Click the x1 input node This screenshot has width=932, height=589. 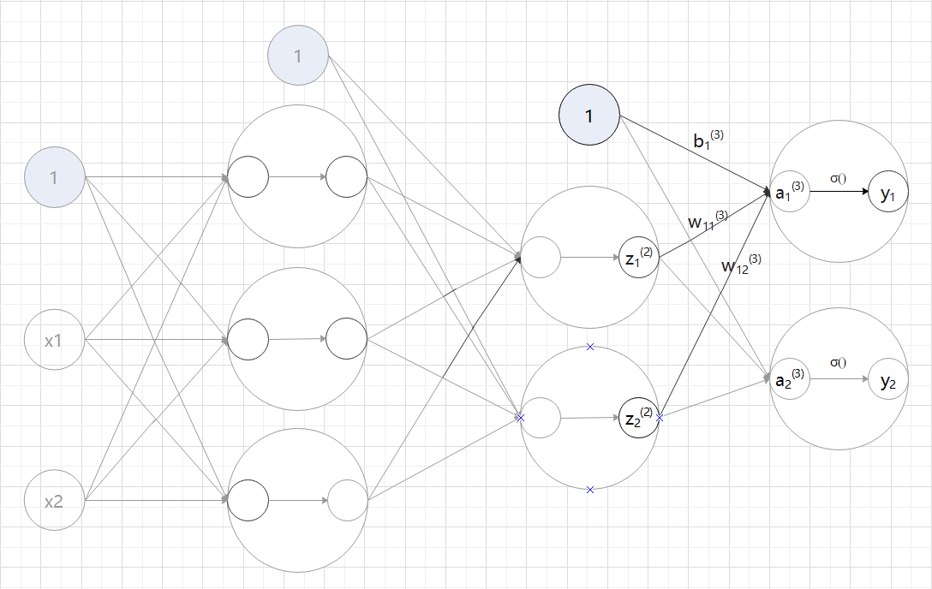coord(54,340)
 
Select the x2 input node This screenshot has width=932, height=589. coord(54,500)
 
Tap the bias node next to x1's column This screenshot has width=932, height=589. coord(54,178)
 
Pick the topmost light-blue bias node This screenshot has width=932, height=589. coord(298,57)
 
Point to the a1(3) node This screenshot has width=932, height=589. coord(788,193)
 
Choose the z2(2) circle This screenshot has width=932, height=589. coord(638,418)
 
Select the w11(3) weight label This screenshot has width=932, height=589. coord(708,221)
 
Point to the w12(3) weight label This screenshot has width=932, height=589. coord(740,264)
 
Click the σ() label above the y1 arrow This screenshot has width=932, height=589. coord(837,177)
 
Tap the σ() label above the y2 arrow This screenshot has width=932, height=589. coord(837,362)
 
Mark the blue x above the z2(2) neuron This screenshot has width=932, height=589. coord(590,347)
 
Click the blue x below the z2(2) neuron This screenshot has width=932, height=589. coord(590,489)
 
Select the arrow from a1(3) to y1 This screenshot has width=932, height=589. coord(837,193)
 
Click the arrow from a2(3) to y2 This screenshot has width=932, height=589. coord(837,378)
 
